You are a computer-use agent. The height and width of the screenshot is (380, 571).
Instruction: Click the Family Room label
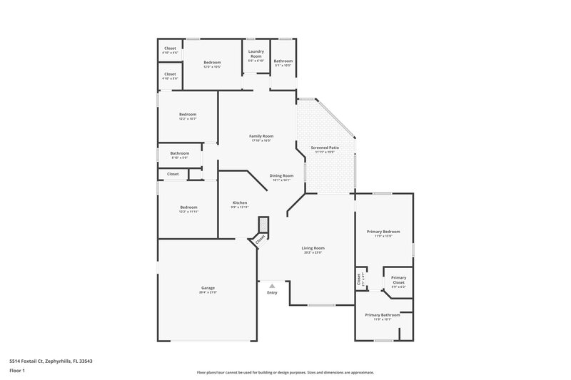pos(261,136)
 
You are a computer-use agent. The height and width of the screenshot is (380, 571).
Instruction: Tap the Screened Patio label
pos(324,148)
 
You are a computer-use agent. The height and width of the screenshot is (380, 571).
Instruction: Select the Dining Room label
pos(281,175)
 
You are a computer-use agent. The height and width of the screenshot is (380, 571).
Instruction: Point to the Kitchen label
pos(239,203)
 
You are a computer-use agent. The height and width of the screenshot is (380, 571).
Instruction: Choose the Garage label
pos(208,288)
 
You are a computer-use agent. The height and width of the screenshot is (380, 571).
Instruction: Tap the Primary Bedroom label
pos(383,231)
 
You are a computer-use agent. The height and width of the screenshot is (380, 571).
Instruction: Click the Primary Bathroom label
pos(383,315)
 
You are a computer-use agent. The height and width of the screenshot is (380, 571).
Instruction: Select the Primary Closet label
pos(398,279)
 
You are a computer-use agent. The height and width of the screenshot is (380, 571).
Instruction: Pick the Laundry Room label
pos(256,54)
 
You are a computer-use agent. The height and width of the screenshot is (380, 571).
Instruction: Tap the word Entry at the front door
pos(272,292)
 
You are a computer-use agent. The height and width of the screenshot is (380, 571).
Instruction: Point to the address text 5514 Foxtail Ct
pos(51,361)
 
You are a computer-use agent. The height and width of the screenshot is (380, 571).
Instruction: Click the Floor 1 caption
pos(18,371)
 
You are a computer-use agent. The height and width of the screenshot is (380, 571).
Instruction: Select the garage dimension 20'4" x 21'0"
pos(208,292)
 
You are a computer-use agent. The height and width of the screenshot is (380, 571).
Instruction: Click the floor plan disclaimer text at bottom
pos(285,372)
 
